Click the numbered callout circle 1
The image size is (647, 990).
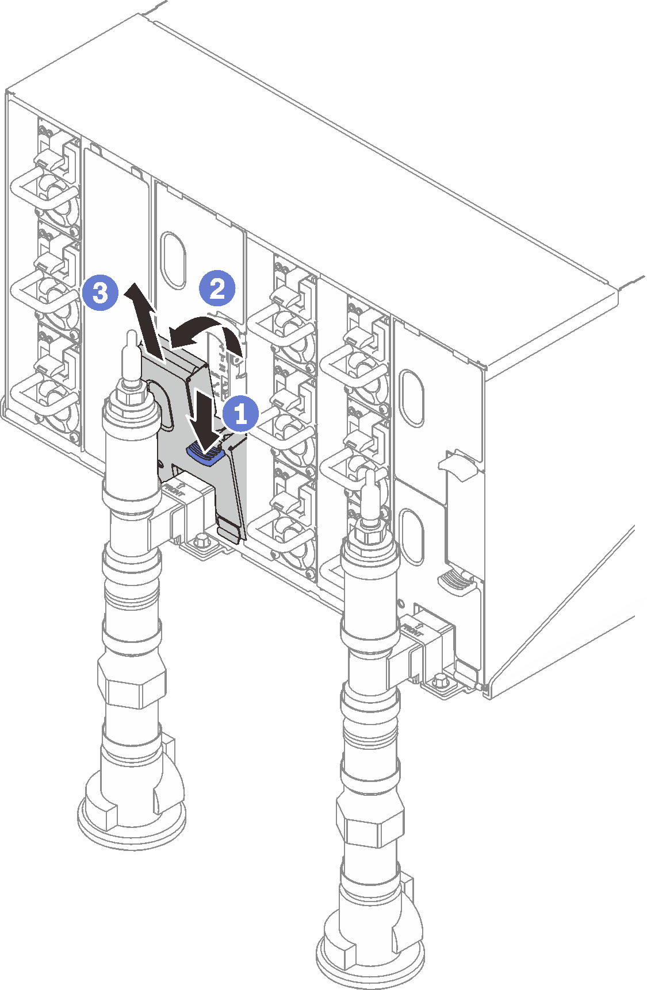tap(240, 414)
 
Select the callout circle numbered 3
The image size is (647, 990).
tap(100, 293)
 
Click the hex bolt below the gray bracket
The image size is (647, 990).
tap(201, 540)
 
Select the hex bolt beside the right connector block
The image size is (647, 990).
tap(441, 681)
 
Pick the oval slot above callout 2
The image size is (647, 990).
tap(173, 260)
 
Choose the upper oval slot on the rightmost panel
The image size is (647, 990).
tap(412, 398)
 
